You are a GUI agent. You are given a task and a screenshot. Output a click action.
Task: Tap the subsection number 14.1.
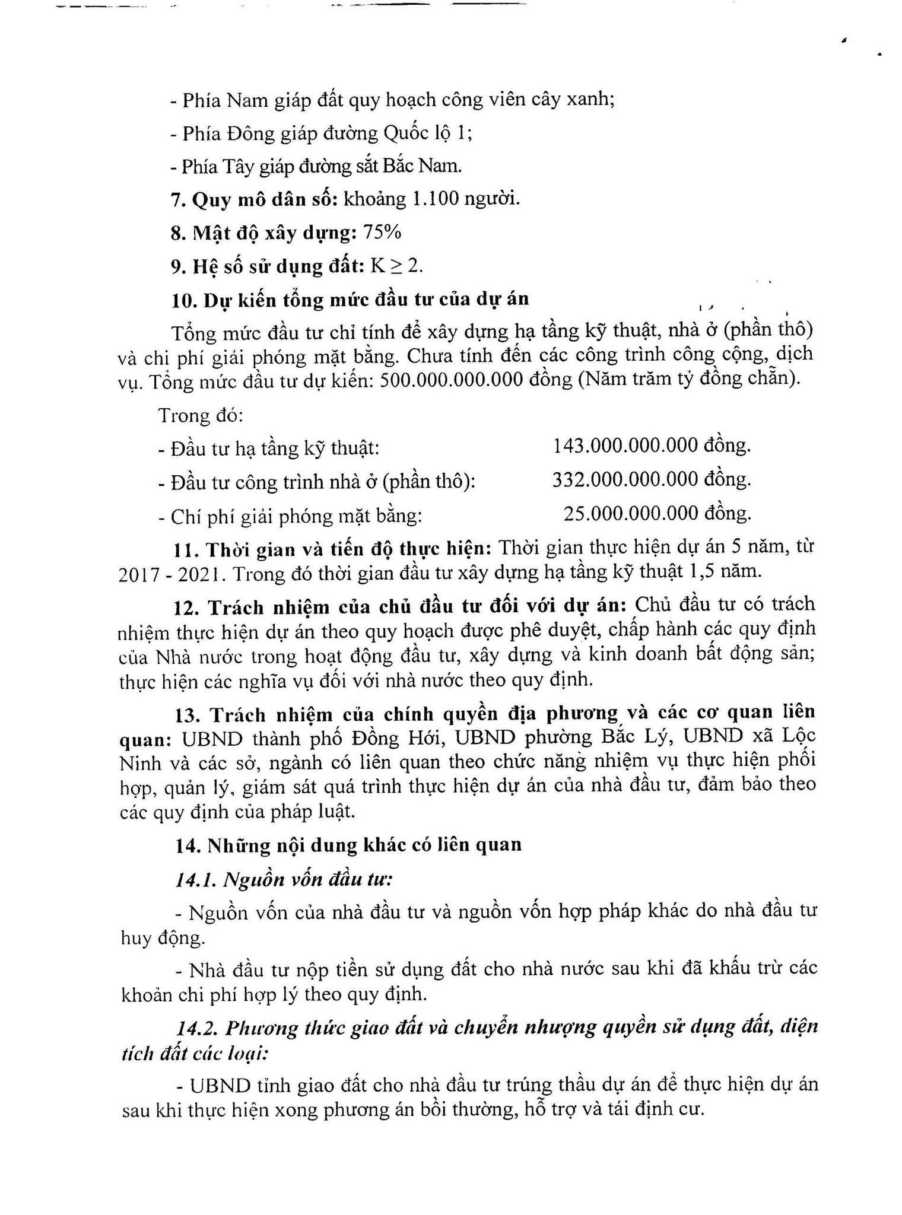[x=196, y=880]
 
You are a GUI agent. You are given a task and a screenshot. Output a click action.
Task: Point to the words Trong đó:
[x=201, y=415]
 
